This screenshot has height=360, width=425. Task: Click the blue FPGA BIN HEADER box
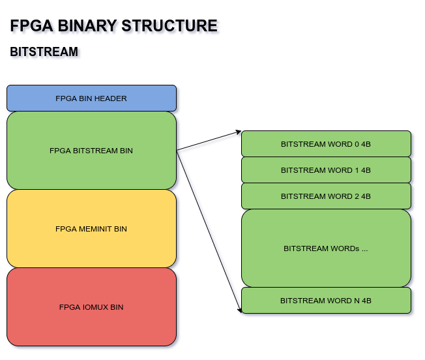pyautogui.click(x=91, y=98)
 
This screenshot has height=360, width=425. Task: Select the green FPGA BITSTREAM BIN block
pyautogui.click(x=91, y=151)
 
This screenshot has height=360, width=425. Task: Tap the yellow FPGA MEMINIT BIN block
pyautogui.click(x=91, y=229)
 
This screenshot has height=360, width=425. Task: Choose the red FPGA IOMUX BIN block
pyautogui.click(x=91, y=307)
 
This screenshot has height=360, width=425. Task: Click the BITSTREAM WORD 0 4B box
pyautogui.click(x=326, y=144)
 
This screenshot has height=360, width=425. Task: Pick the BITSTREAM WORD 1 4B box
pyautogui.click(x=326, y=170)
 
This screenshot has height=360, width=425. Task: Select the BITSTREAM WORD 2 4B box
pyautogui.click(x=326, y=196)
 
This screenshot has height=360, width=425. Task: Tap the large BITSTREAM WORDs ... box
pyautogui.click(x=326, y=248)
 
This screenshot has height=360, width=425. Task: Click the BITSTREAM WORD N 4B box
pyautogui.click(x=326, y=301)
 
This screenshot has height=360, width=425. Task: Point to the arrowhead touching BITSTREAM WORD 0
pyautogui.click(x=239, y=132)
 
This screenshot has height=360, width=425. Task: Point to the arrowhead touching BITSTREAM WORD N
pyautogui.click(x=240, y=310)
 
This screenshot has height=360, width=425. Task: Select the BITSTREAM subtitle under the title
pyautogui.click(x=44, y=52)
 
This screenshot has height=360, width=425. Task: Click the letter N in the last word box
pyautogui.click(x=355, y=301)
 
